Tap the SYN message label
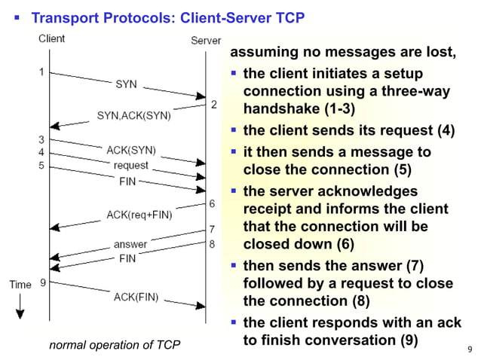pos(126,84)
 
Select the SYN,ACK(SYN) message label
pos(133,116)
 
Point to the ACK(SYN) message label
pos(131,149)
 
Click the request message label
pos(130,165)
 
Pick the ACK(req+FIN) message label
pos(139,215)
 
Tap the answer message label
pos(130,244)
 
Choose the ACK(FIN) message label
pos(136,296)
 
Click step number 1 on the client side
pos(41,72)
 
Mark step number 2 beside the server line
pos(213,104)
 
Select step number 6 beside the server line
pos(213,203)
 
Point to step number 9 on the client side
pos(42,282)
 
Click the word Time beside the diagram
pos(20,284)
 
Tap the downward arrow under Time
pos(20,306)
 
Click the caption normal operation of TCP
pos(115,346)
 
